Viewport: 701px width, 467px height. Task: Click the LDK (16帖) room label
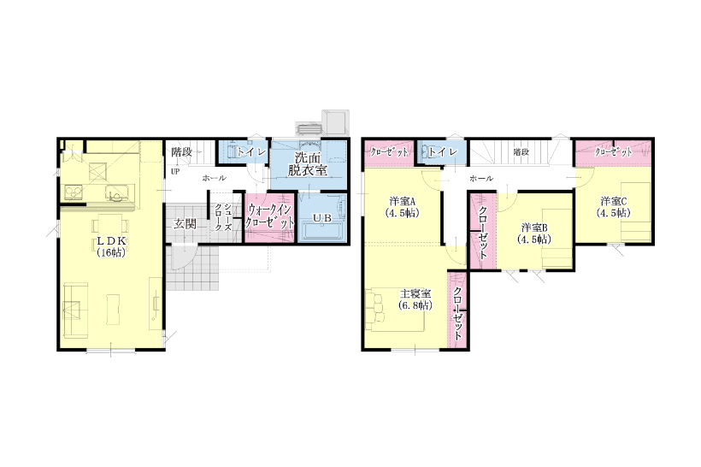(x=111, y=246)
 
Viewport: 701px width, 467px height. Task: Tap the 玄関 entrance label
(x=184, y=223)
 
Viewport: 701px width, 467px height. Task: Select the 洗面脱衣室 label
(x=308, y=163)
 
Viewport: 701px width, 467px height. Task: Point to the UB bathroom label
(x=322, y=218)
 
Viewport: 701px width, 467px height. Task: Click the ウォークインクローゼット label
(x=269, y=216)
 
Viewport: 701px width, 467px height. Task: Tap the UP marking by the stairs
(x=174, y=171)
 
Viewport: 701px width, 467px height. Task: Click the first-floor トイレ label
(x=251, y=152)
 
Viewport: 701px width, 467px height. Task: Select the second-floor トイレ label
(x=443, y=152)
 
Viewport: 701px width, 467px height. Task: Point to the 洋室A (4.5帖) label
(x=402, y=207)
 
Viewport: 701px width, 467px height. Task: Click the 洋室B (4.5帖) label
(x=533, y=233)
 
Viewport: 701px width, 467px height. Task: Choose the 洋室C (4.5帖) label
(x=614, y=207)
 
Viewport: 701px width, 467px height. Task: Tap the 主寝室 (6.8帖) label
(x=415, y=299)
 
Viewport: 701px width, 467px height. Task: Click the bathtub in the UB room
(x=322, y=231)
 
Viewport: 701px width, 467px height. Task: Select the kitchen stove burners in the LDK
(x=73, y=192)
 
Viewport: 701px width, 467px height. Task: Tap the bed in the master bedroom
(x=395, y=309)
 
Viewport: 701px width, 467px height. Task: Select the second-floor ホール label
(x=481, y=179)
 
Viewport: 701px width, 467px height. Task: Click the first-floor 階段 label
(x=182, y=151)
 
